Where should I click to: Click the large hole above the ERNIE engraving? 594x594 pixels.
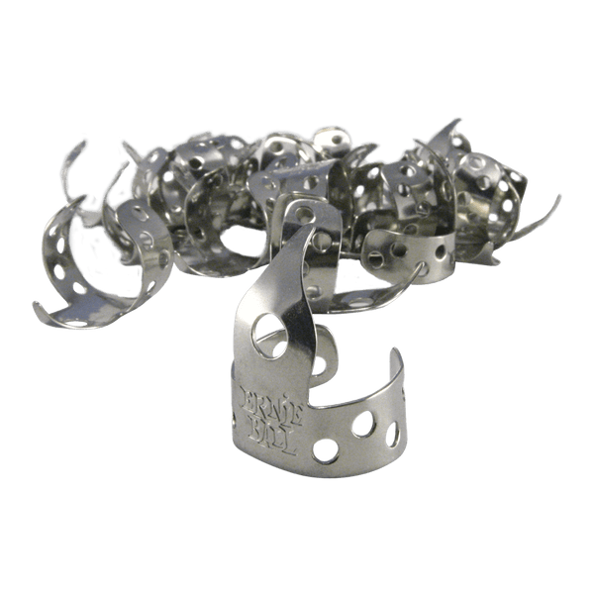(270, 336)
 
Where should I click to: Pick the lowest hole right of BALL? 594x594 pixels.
(325, 450)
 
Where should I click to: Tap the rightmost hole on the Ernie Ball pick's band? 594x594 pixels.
(392, 435)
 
